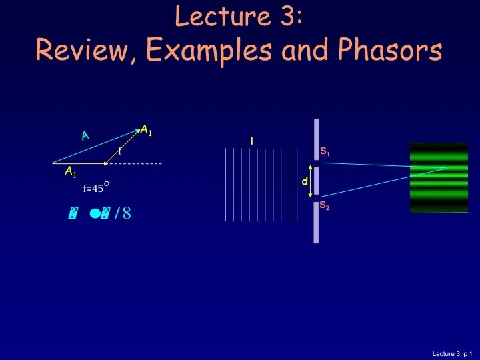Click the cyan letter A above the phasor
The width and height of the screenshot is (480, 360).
[x=85, y=135]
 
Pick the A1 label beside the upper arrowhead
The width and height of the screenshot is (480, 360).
[x=146, y=131]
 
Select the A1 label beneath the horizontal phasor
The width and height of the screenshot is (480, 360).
[x=71, y=173]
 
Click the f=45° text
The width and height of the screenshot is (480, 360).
[x=96, y=188]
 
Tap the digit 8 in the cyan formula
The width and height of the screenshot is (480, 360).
[x=127, y=213]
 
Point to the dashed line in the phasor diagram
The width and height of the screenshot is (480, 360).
[x=136, y=163]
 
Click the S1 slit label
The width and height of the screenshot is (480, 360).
[x=325, y=152]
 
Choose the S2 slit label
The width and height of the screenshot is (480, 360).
[x=324, y=206]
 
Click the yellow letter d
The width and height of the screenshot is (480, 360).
[x=305, y=181]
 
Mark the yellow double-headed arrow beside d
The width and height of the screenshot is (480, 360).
[x=311, y=181]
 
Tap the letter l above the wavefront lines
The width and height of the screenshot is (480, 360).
[x=251, y=141]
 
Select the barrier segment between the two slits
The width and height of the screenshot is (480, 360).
[x=317, y=181]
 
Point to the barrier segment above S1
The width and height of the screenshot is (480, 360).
[x=317, y=139]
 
